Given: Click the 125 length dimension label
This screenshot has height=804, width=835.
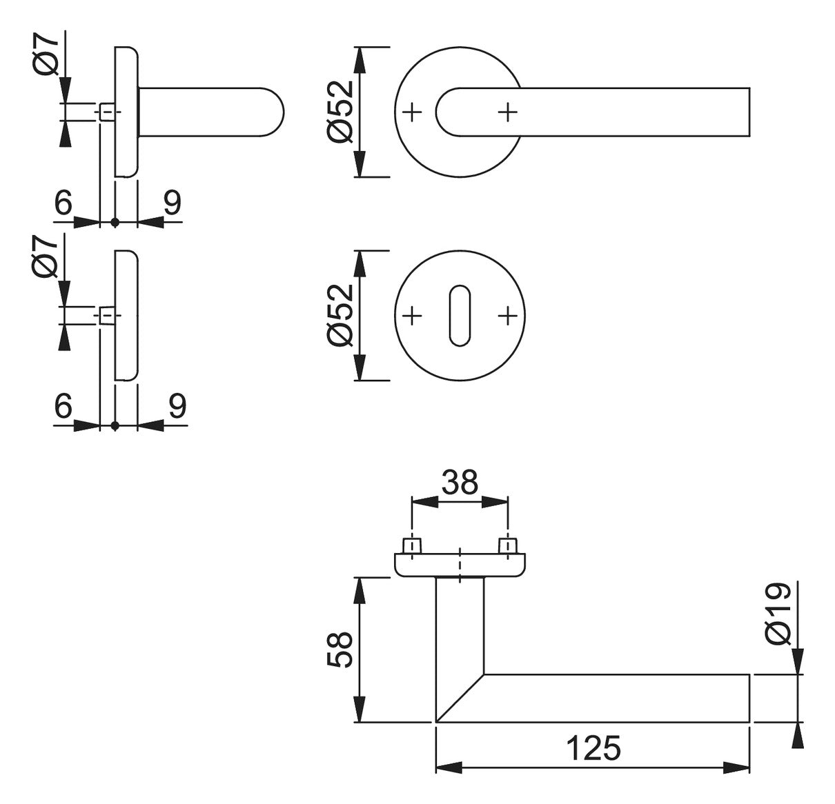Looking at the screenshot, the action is [x=593, y=748].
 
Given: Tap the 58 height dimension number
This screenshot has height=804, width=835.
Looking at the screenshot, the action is [x=340, y=650].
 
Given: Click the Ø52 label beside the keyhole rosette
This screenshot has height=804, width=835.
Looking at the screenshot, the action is [x=340, y=315].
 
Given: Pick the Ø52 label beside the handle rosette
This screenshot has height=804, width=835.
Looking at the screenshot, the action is [x=340, y=112].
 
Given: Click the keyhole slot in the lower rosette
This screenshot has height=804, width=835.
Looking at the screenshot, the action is [x=460, y=316].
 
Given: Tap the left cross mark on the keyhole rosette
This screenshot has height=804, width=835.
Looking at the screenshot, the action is [x=413, y=316].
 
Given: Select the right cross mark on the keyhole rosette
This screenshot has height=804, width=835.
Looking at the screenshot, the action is [x=508, y=316].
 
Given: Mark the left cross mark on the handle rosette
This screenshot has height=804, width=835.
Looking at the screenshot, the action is [x=413, y=112].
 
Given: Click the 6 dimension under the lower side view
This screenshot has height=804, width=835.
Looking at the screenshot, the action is [x=63, y=405].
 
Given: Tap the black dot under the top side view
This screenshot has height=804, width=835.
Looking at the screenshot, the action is [x=115, y=222].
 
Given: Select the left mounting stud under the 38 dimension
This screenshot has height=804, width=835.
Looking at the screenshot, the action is [x=412, y=546].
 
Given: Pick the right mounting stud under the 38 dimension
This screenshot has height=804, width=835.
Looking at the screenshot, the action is [x=508, y=546].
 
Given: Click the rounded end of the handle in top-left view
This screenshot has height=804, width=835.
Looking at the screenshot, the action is [x=273, y=112].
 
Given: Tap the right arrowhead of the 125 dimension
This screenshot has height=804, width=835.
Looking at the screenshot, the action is [x=736, y=767].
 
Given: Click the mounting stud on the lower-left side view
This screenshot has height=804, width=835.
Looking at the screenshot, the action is [x=107, y=316].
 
